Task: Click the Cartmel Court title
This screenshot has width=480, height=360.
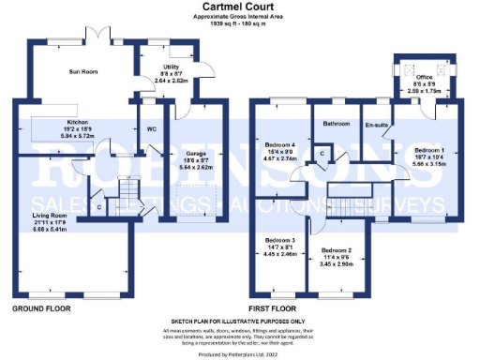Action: [x=240, y=7]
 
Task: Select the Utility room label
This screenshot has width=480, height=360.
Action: [x=171, y=67]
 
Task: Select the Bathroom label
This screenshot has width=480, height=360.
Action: [x=337, y=124]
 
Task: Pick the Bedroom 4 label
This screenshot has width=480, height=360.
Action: [x=281, y=144]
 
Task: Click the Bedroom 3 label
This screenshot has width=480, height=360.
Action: [x=280, y=239]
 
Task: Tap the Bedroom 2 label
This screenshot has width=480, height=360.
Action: [x=337, y=250]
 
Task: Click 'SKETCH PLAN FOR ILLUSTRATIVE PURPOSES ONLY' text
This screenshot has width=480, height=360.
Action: [x=240, y=320]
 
